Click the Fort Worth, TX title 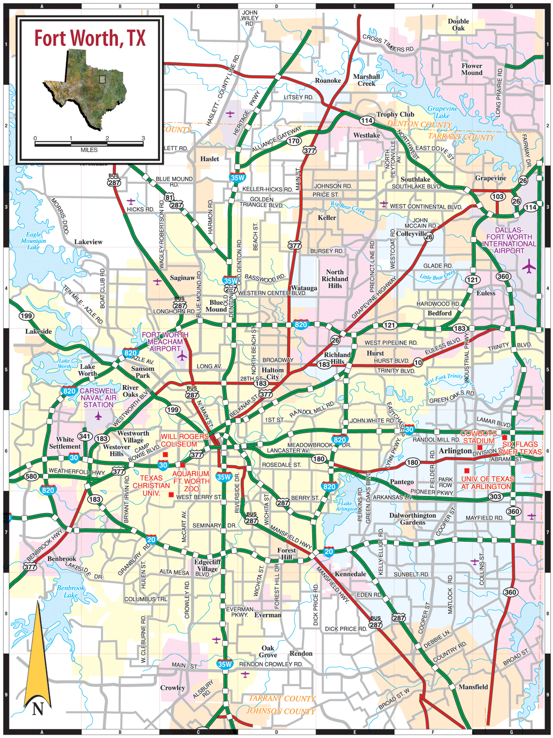click(90, 38)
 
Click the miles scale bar click(89, 144)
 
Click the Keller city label click(327, 217)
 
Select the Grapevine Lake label click(443, 112)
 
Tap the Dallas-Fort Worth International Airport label click(509, 240)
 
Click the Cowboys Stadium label click(479, 437)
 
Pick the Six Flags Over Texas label click(521, 448)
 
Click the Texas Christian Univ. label click(151, 485)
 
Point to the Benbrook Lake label click(71, 591)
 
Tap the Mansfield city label click(473, 687)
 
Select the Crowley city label click(173, 688)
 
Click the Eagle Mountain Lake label click(34, 240)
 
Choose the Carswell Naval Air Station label click(98, 398)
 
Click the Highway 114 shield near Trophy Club click(367, 120)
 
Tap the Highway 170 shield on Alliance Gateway click(294, 141)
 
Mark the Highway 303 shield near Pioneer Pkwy click(495, 497)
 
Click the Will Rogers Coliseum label click(184, 440)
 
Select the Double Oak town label click(458, 25)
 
